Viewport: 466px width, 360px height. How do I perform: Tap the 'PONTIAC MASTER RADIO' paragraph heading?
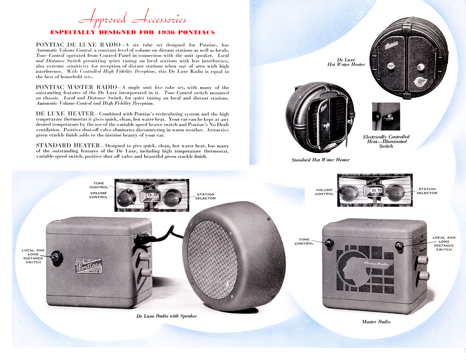76,87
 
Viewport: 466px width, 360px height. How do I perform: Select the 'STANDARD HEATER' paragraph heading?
68,146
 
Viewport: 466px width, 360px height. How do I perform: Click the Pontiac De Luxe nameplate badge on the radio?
89,266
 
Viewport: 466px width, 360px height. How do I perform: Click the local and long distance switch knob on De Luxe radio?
56,258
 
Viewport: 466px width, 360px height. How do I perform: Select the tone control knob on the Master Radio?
329,243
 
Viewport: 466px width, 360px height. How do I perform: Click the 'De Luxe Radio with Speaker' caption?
167,316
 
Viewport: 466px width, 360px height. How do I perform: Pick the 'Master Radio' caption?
376,322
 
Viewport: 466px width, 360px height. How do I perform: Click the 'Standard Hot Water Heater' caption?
320,160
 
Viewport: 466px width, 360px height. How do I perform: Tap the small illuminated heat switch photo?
386,116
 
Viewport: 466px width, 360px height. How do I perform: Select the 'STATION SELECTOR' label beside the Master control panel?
427,191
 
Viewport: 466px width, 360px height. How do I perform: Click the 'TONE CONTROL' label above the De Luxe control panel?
99,185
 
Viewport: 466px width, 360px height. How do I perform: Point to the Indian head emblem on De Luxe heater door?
420,82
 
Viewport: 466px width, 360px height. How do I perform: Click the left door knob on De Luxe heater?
391,66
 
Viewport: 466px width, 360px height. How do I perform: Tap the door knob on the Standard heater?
326,126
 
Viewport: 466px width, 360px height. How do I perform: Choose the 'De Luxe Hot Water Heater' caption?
346,62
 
